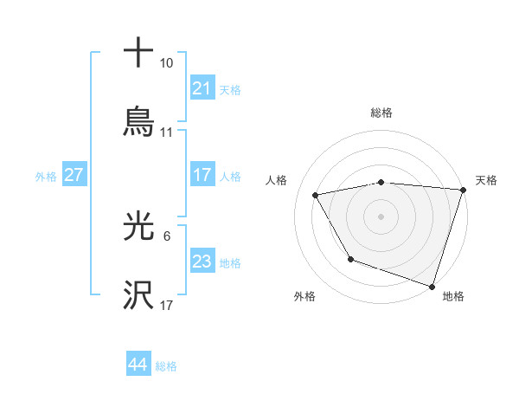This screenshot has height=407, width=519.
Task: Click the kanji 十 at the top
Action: pyautogui.click(x=139, y=53)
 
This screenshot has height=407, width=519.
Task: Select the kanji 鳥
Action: pyautogui.click(x=139, y=121)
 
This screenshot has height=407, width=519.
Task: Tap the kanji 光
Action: pyautogui.click(x=139, y=227)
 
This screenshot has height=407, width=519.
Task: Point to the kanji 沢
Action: pyautogui.click(x=139, y=295)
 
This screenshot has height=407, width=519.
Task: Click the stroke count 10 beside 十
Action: pyautogui.click(x=167, y=64)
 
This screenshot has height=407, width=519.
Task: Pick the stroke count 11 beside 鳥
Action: pyautogui.click(x=167, y=132)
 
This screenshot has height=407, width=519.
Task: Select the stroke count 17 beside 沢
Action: pyautogui.click(x=167, y=306)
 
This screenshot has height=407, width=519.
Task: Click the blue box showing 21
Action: pyautogui.click(x=202, y=88)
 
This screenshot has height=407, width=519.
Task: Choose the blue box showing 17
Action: pyautogui.click(x=202, y=174)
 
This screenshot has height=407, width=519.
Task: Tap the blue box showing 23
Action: pyautogui.click(x=202, y=262)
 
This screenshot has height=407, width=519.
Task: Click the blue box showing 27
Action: pyautogui.click(x=74, y=175)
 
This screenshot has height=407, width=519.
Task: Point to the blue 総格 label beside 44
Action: pyautogui.click(x=167, y=366)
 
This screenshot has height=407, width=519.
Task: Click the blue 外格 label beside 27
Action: pyautogui.click(x=46, y=177)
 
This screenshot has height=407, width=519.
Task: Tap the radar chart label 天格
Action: pyautogui.click(x=486, y=180)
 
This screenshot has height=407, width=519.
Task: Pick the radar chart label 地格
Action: pyautogui.click(x=453, y=296)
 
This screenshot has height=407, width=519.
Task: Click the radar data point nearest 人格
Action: pyautogui.click(x=316, y=196)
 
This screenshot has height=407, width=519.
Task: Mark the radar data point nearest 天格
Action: pyautogui.click(x=462, y=190)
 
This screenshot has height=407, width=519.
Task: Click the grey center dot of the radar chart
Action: pyautogui.click(x=381, y=216)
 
